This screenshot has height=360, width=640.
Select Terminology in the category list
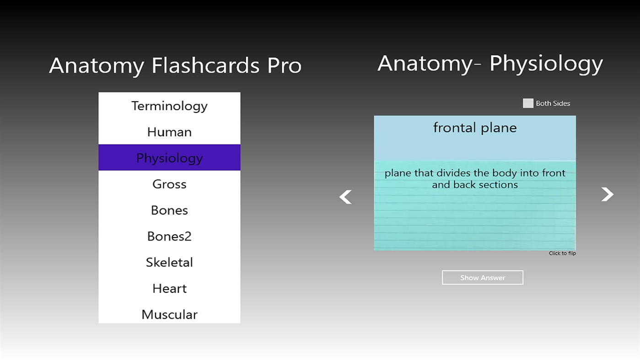click(169, 106)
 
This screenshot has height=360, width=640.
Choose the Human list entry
click(169, 132)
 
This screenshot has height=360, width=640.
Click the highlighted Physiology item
click(169, 158)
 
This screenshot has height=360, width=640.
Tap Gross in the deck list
click(169, 184)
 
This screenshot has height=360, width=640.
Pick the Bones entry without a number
click(169, 210)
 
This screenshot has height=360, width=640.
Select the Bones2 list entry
click(169, 236)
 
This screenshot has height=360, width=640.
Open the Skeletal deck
click(169, 262)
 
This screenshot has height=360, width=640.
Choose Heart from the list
click(169, 288)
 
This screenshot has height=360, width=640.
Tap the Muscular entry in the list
click(169, 314)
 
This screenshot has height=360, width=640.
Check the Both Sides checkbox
click(528, 103)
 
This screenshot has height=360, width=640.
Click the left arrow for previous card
click(345, 197)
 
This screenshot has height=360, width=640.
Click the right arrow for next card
click(607, 194)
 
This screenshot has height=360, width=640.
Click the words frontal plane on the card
click(475, 128)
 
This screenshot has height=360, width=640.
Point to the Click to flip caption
click(562, 253)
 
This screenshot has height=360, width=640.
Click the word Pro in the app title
click(284, 65)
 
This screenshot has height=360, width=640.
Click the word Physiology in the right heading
click(546, 64)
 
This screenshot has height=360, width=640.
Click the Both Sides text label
click(553, 103)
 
